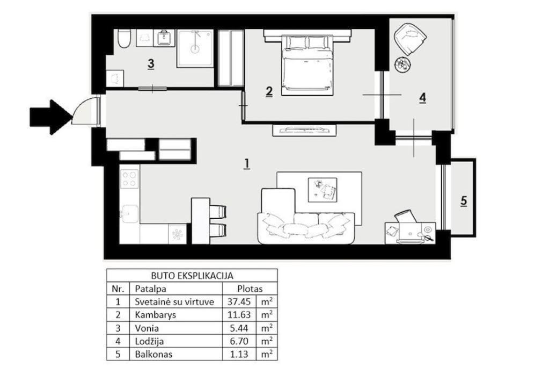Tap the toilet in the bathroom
[124, 39]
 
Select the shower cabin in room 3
[195, 48]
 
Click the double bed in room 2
[307, 64]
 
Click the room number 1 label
[246, 163]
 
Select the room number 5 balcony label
[464, 201]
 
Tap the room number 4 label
[422, 98]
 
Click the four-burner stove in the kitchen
[129, 178]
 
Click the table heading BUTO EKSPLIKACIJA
[192, 276]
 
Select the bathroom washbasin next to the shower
[165, 38]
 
